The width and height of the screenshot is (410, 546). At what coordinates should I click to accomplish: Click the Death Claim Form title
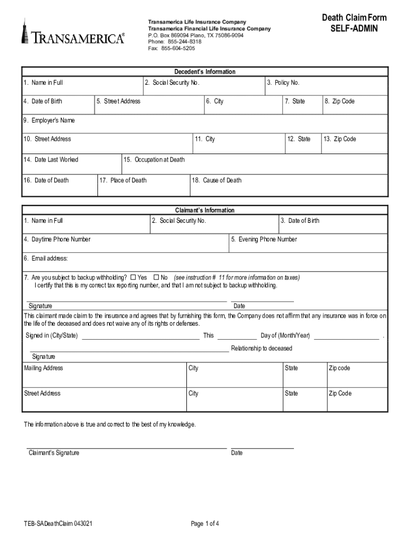(x=354, y=18)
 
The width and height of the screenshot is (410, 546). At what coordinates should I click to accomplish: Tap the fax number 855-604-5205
(x=171, y=49)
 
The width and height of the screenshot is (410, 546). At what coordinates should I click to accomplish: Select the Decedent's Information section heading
(x=205, y=71)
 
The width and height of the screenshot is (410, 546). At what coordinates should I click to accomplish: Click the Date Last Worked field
(x=71, y=165)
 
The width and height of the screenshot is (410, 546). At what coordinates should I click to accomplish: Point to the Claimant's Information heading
(x=205, y=210)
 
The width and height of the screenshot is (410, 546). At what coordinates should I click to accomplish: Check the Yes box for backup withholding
(x=133, y=277)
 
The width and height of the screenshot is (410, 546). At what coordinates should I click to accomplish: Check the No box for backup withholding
(x=156, y=277)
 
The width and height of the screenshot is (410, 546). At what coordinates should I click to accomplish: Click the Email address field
(x=205, y=262)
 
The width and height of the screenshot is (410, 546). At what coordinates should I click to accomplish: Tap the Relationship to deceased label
(x=261, y=348)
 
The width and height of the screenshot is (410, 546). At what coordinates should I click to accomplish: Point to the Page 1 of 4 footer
(x=205, y=524)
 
